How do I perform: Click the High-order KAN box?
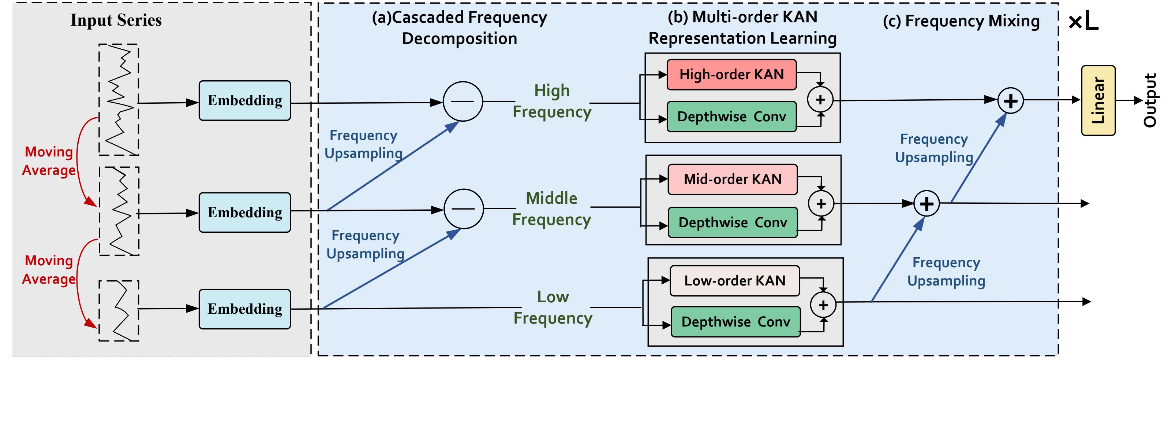(731, 74)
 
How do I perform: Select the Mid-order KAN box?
(732, 179)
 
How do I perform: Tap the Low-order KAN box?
(734, 280)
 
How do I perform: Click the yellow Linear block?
(1098, 100)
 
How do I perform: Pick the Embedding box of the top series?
(244, 100)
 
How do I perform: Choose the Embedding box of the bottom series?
(244, 309)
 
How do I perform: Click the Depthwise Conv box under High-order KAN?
(731, 117)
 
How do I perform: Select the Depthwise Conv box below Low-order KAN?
(735, 321)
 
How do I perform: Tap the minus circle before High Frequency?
(463, 101)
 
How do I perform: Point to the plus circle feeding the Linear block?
(1010, 101)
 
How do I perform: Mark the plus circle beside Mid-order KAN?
(821, 204)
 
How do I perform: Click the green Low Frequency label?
(553, 307)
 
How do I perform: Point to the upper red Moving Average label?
(49, 160)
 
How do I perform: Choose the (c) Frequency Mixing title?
(961, 21)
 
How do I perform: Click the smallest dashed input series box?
(119, 310)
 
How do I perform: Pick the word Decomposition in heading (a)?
(459, 38)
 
